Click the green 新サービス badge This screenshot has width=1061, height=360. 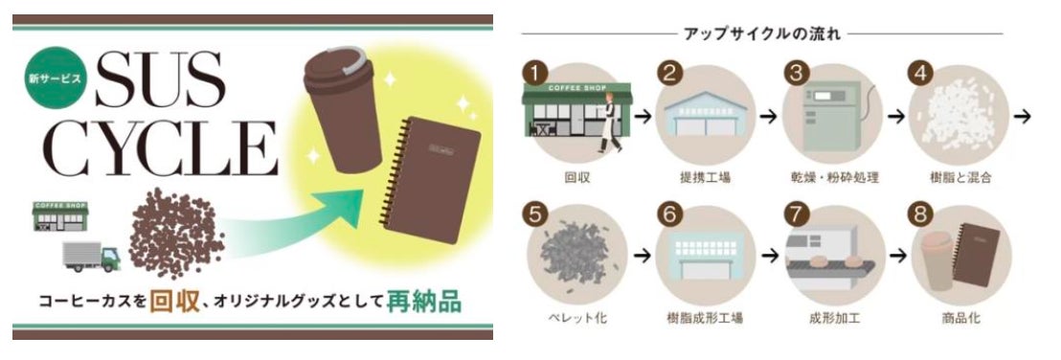coord(55,78)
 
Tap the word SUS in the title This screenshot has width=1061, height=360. coord(160,79)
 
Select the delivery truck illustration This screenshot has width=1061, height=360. coord(91,257)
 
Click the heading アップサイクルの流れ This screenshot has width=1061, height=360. coord(762,34)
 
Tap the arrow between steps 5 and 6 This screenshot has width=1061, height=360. coord(643,256)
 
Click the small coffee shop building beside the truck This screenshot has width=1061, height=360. coord(60,216)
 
